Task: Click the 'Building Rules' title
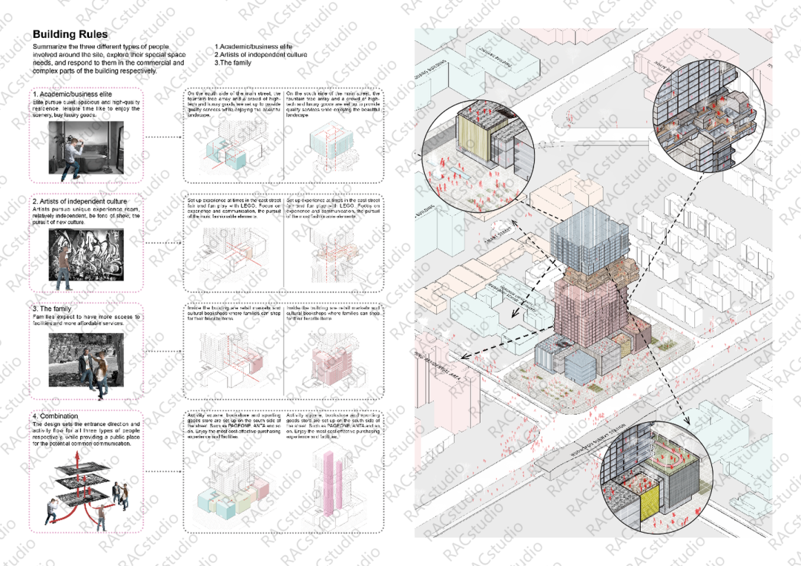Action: coord(70,34)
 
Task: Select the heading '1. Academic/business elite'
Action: coord(72,94)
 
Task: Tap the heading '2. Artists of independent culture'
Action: coord(79,201)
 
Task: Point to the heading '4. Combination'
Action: coord(55,416)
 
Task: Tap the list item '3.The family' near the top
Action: coord(233,63)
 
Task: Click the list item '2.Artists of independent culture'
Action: coord(260,55)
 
